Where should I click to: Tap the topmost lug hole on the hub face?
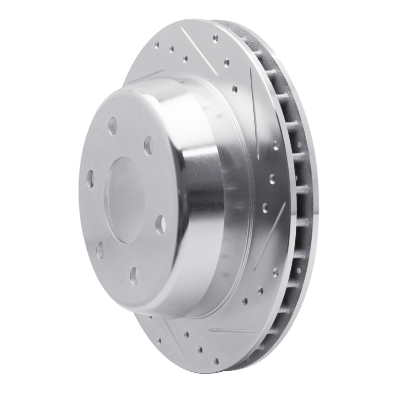(114, 123)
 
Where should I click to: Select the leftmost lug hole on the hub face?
(89, 178)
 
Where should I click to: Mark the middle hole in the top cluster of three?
(171, 49)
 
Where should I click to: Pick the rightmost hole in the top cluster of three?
(185, 58)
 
